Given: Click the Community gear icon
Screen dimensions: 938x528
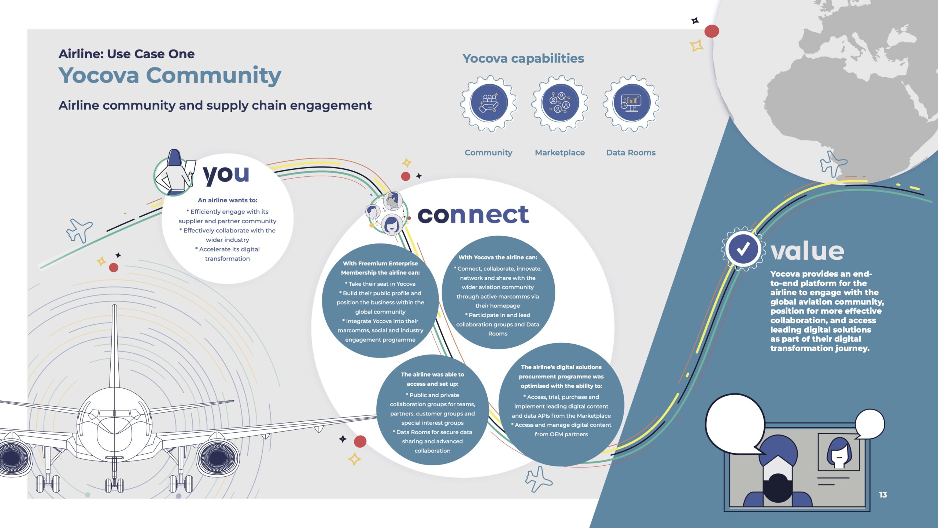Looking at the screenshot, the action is [x=489, y=103].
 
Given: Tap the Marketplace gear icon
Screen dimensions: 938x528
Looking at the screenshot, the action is [x=560, y=103].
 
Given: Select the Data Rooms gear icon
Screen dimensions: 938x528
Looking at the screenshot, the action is [x=631, y=103].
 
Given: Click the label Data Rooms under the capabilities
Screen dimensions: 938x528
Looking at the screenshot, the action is [x=631, y=153].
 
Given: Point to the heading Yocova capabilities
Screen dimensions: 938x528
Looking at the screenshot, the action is [x=523, y=58].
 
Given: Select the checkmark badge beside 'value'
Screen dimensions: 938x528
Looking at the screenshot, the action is [x=743, y=249].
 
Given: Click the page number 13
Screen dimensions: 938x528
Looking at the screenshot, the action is [x=883, y=495].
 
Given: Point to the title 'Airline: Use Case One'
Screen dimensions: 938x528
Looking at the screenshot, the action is [x=126, y=54].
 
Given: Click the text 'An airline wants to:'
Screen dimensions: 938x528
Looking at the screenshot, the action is [x=228, y=200].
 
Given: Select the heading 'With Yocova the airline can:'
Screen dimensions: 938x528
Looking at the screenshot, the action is [x=498, y=257].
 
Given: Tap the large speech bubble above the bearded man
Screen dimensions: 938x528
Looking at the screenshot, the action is [x=736, y=425].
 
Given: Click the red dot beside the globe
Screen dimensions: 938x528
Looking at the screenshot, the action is [x=712, y=31].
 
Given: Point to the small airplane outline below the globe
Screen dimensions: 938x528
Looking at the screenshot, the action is [x=833, y=164].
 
